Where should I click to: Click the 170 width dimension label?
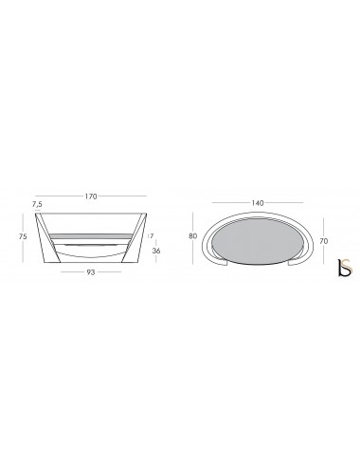[x=91, y=196]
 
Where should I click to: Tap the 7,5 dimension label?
[x=37, y=204]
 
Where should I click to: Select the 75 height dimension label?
[x=23, y=236]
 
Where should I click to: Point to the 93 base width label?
[x=91, y=272]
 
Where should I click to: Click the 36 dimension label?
[x=156, y=251]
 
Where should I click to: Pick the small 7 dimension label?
[x=152, y=236]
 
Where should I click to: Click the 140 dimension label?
[x=258, y=203]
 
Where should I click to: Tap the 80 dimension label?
[x=192, y=236]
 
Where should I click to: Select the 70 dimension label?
[x=324, y=241]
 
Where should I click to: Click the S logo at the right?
[x=345, y=268]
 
